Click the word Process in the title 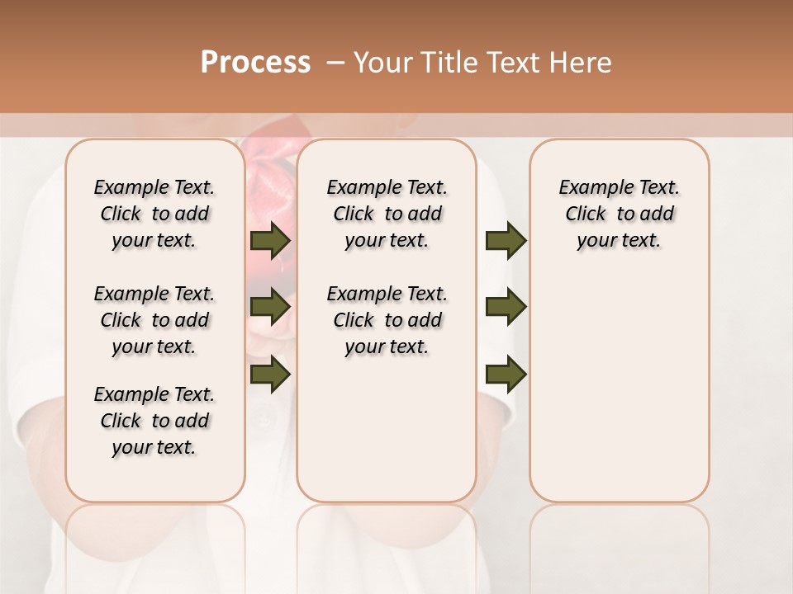[255, 63]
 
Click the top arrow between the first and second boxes [270, 241]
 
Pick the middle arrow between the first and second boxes [270, 307]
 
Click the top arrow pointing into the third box [506, 241]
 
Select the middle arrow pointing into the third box [506, 307]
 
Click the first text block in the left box [154, 214]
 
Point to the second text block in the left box [154, 320]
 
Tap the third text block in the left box [154, 421]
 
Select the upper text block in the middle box [387, 214]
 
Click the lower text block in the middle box [387, 320]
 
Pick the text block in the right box [619, 214]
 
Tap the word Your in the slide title [379, 63]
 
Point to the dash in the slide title [335, 63]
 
